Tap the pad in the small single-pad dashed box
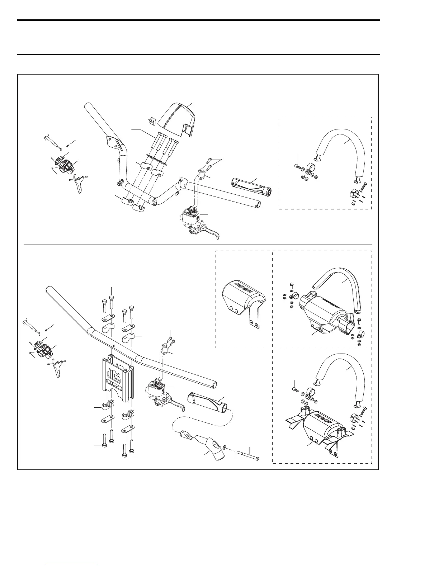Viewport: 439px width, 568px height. (244, 298)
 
